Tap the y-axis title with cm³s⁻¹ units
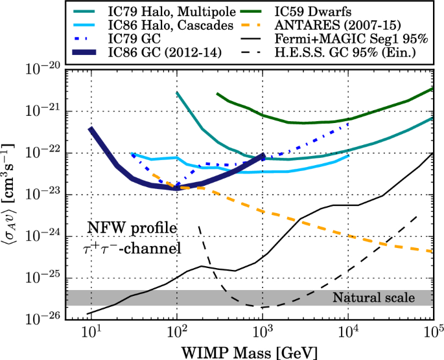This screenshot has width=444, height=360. (x=13, y=194)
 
